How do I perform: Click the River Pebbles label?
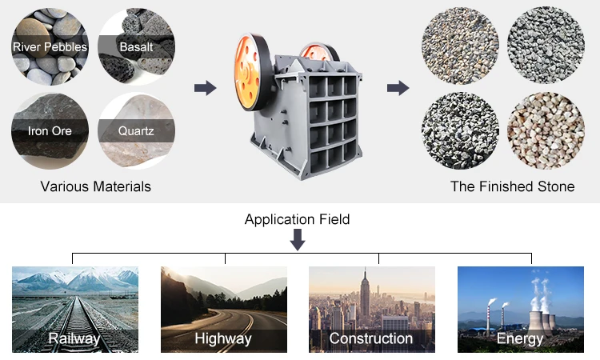point(50,47)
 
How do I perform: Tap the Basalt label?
point(136,47)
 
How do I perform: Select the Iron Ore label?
point(50,130)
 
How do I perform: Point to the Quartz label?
point(136,130)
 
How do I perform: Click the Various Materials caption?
point(96,187)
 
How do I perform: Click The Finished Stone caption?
point(513,187)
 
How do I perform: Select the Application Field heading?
point(298,219)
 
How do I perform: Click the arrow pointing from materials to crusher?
point(206,88)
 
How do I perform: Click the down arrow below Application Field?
point(298,239)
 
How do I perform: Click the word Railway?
point(74,338)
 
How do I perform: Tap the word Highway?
point(223,338)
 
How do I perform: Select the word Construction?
point(371,338)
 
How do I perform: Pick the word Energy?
point(520,338)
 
